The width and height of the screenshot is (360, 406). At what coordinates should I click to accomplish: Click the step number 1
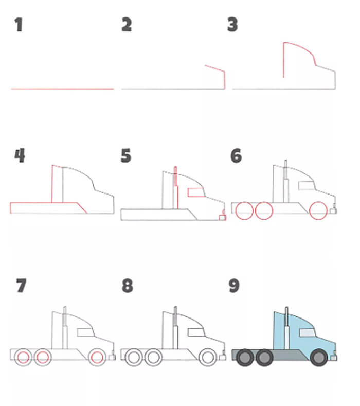(x=19, y=25)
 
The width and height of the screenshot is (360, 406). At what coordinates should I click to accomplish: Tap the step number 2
(x=127, y=25)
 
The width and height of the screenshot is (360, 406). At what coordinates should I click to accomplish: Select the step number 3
(x=232, y=25)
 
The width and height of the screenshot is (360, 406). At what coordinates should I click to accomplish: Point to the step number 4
(x=20, y=155)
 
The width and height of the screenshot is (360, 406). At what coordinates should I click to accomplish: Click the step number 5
(x=126, y=155)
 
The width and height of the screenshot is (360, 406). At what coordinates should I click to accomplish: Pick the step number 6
(x=236, y=155)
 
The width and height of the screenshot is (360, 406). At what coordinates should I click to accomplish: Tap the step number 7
(x=21, y=286)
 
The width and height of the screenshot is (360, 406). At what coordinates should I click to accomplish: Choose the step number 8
(x=128, y=286)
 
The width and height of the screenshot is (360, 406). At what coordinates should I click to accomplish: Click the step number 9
(x=234, y=286)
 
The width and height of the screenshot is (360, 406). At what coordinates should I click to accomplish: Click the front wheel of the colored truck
(x=319, y=358)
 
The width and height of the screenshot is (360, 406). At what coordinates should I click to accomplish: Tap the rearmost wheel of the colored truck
(x=245, y=358)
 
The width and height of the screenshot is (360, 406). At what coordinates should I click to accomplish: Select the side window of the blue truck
(x=307, y=333)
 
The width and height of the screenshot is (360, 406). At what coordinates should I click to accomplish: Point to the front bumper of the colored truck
(x=334, y=358)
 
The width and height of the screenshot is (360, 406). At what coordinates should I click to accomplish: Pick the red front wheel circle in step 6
(x=318, y=210)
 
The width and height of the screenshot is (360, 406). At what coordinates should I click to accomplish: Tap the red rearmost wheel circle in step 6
(x=244, y=210)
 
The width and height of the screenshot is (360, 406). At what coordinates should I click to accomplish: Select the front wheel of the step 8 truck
(x=208, y=357)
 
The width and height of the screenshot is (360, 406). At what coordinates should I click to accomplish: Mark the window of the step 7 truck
(x=86, y=332)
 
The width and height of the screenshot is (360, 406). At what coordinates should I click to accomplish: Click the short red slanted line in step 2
(x=214, y=68)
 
